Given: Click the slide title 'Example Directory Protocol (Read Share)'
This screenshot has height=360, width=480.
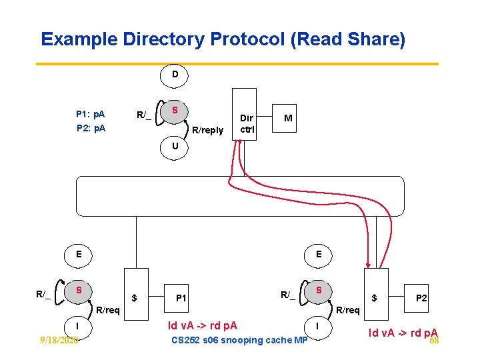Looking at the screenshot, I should click(x=223, y=39).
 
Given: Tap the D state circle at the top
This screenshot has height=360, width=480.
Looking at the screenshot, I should click(x=175, y=75).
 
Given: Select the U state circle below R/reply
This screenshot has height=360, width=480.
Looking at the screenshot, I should click(x=175, y=146).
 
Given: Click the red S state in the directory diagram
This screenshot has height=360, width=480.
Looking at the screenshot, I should click(x=175, y=110).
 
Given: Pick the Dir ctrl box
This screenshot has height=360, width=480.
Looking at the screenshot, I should click(x=244, y=114).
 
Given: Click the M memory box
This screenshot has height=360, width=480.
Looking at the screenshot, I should click(x=287, y=118).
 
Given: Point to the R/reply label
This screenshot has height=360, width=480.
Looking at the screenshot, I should click(x=207, y=130).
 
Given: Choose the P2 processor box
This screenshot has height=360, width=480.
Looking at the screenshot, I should click(x=421, y=298).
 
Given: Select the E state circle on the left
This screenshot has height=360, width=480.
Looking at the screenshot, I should click(x=79, y=254).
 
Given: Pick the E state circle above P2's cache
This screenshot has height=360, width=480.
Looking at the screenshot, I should click(x=319, y=254).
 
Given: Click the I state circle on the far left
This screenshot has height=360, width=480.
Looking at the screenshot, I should click(x=79, y=325).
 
